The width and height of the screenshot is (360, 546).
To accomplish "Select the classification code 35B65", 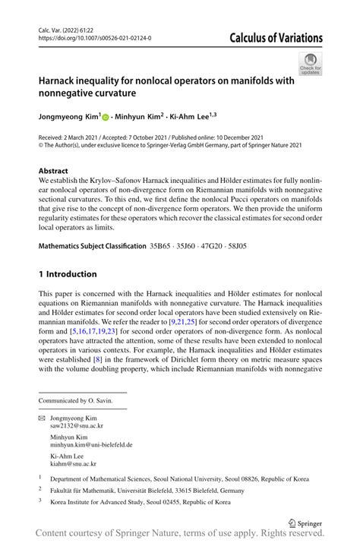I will (162, 246).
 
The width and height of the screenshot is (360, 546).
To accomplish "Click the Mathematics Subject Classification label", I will (92, 246).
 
